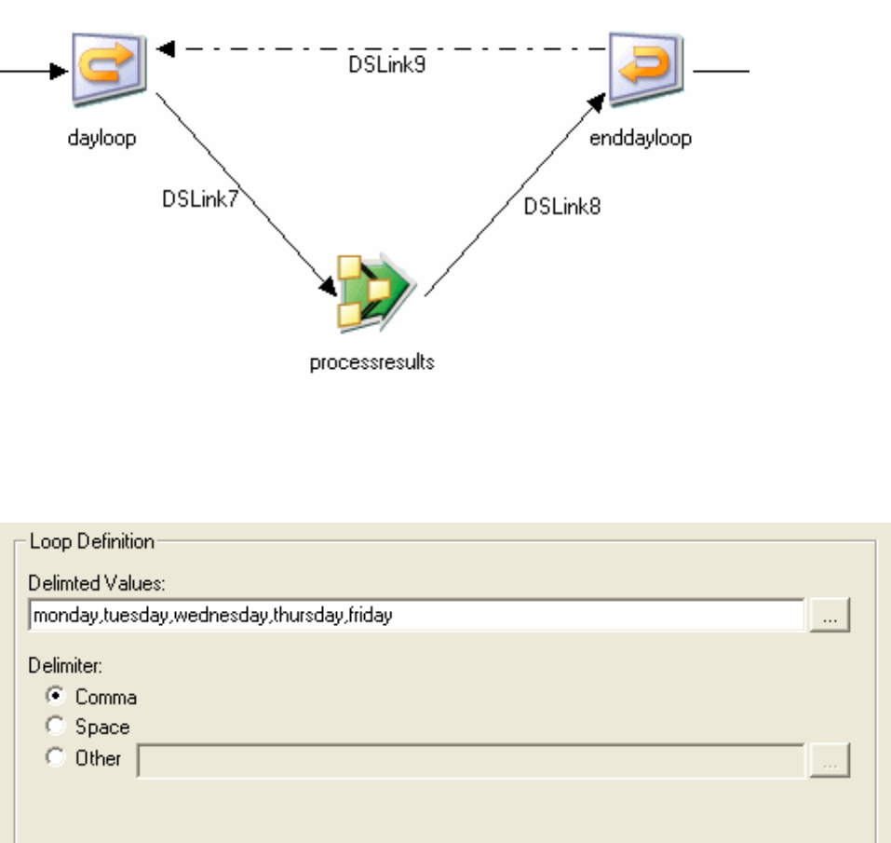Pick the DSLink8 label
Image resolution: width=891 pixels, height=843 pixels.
click(x=562, y=207)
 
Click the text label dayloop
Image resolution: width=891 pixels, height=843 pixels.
click(x=101, y=140)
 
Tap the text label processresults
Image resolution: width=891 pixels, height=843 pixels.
click(x=372, y=362)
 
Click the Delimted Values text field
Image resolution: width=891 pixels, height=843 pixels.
click(x=596, y=616)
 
